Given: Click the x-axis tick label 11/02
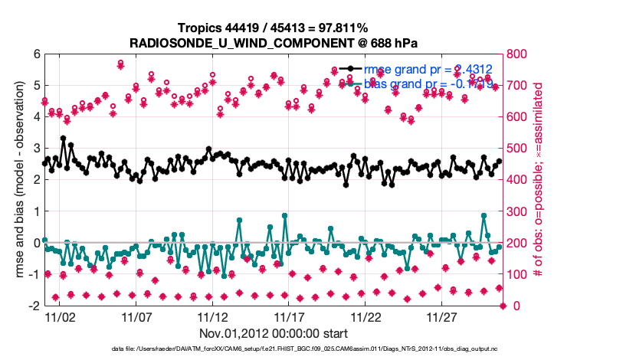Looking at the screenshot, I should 60,316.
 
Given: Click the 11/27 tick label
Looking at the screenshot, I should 442,316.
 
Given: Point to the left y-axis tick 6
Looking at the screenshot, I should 36,54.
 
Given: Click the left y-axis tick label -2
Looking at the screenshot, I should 34,306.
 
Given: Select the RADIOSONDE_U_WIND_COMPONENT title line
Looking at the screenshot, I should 274,42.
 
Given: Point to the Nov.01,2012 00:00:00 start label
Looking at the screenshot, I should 274,333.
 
